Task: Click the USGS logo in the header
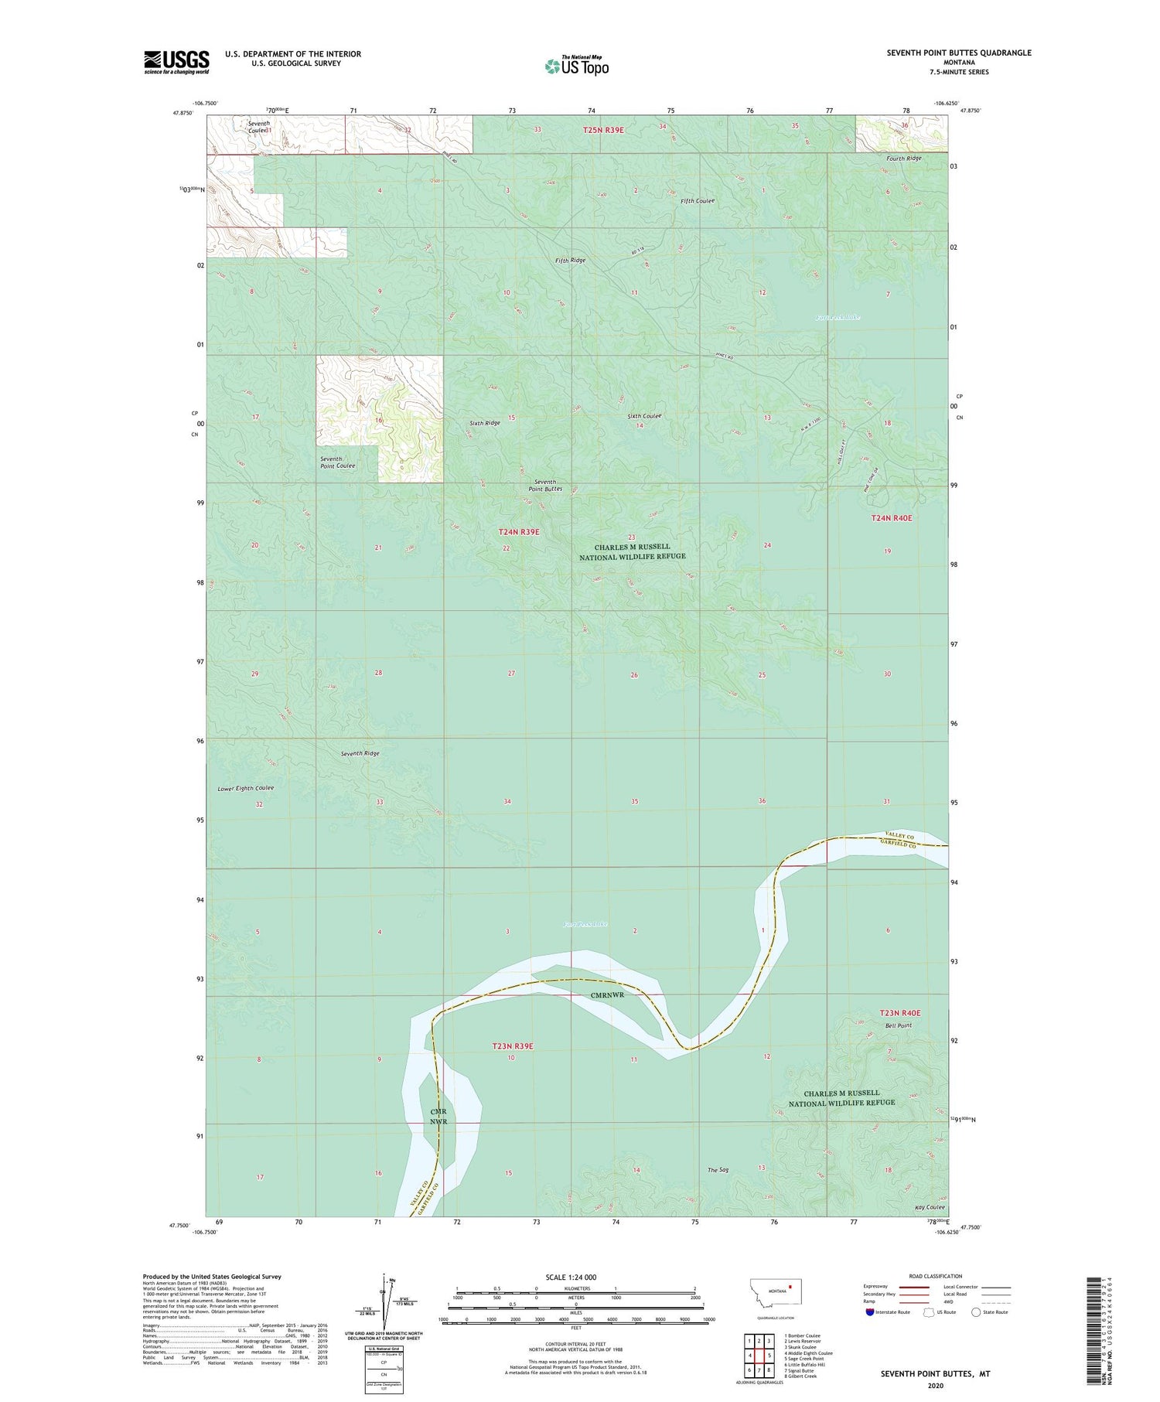click(176, 62)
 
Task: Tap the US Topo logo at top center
click(577, 66)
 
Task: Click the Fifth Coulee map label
click(698, 201)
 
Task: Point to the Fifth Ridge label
click(571, 261)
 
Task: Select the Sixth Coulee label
click(644, 416)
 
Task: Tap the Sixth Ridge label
click(485, 423)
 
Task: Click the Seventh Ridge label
click(360, 753)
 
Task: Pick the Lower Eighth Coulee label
click(246, 788)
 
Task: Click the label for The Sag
click(718, 1170)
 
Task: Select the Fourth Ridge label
click(904, 159)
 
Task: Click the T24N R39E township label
click(519, 532)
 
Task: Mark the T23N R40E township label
click(900, 1012)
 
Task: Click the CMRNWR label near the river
click(607, 995)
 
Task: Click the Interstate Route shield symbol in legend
click(870, 1312)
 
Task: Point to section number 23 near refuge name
click(631, 537)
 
